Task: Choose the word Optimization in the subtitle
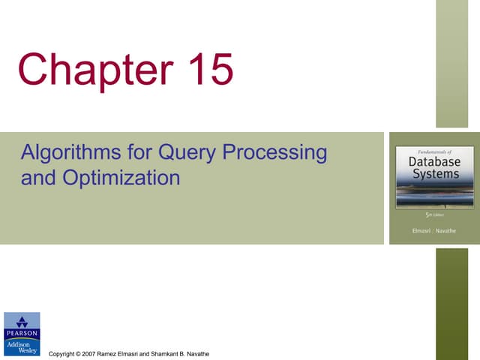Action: [x=115, y=178]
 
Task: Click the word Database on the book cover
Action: [x=434, y=162]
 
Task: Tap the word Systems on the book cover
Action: [x=434, y=174]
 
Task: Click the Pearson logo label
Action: [x=22, y=332]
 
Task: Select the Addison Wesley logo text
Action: [x=22, y=346]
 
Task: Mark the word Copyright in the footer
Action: [x=62, y=353]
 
